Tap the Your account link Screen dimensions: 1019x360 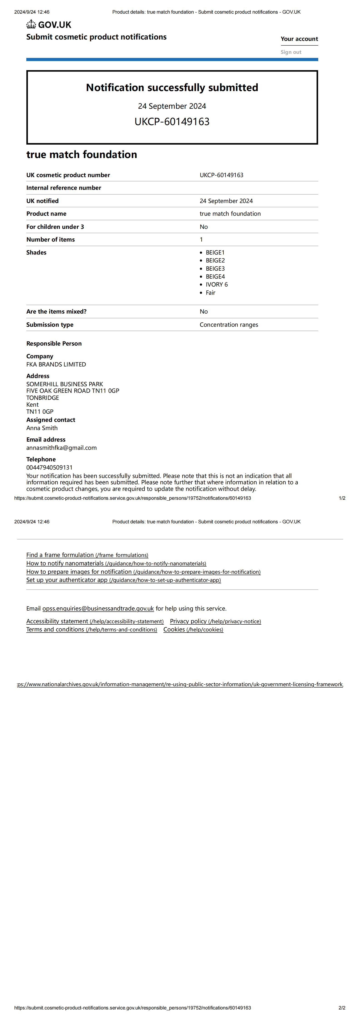point(299,39)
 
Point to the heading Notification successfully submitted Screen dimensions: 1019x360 point(172,87)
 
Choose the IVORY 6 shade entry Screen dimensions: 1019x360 point(216,284)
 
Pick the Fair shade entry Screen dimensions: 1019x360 point(210,293)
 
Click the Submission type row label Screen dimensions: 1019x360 point(50,325)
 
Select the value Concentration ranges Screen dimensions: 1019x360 point(229,325)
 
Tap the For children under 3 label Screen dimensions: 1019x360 point(55,227)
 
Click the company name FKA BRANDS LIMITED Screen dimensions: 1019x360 point(56,364)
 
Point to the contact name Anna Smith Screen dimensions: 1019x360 point(42,428)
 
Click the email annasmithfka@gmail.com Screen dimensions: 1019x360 point(61,448)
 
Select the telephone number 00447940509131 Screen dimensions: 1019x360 point(49,467)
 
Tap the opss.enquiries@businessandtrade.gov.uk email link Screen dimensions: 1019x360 point(98,608)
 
